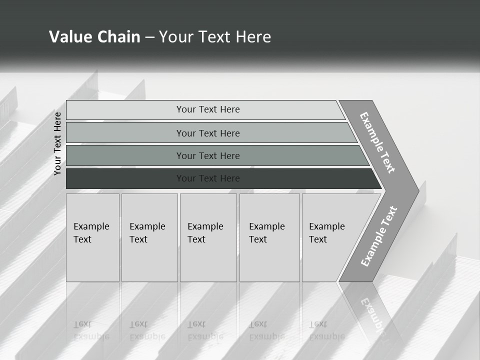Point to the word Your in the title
tap(174, 37)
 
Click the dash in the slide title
tap(149, 37)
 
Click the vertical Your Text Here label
tap(57, 143)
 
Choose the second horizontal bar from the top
tap(208, 133)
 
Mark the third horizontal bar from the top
tap(208, 155)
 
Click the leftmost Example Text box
tap(92, 237)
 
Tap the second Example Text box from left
tap(149, 237)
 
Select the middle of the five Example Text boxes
tap(208, 237)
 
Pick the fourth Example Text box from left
tap(269, 237)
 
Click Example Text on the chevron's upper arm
tap(377, 142)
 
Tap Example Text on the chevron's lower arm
tap(378, 236)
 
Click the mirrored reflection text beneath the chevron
tap(372, 315)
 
